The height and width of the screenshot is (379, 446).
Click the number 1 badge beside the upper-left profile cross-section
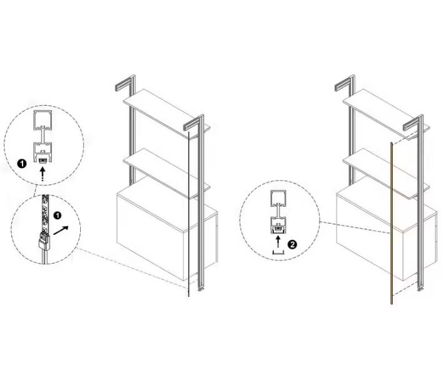tap(22, 164)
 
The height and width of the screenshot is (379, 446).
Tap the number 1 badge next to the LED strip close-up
tap(58, 215)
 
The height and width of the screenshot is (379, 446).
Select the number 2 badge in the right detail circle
tap(292, 244)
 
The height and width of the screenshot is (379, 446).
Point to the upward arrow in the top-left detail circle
tap(43, 174)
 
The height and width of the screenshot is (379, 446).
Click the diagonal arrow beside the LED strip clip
tap(61, 231)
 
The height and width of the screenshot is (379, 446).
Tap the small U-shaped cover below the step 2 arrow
tap(278, 252)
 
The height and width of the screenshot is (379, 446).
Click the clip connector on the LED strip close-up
tap(44, 241)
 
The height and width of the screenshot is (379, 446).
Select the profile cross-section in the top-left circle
tap(43, 137)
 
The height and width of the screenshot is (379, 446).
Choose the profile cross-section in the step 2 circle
tap(278, 212)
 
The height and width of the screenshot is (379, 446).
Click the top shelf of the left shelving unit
tap(166, 114)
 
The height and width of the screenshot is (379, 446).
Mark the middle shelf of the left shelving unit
tap(166, 174)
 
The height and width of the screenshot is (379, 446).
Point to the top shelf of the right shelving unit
tap(386, 114)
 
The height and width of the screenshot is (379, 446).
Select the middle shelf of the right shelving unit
tap(386, 174)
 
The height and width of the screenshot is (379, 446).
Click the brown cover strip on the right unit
tap(392, 223)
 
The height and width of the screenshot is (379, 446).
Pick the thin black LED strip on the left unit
tap(188, 214)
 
